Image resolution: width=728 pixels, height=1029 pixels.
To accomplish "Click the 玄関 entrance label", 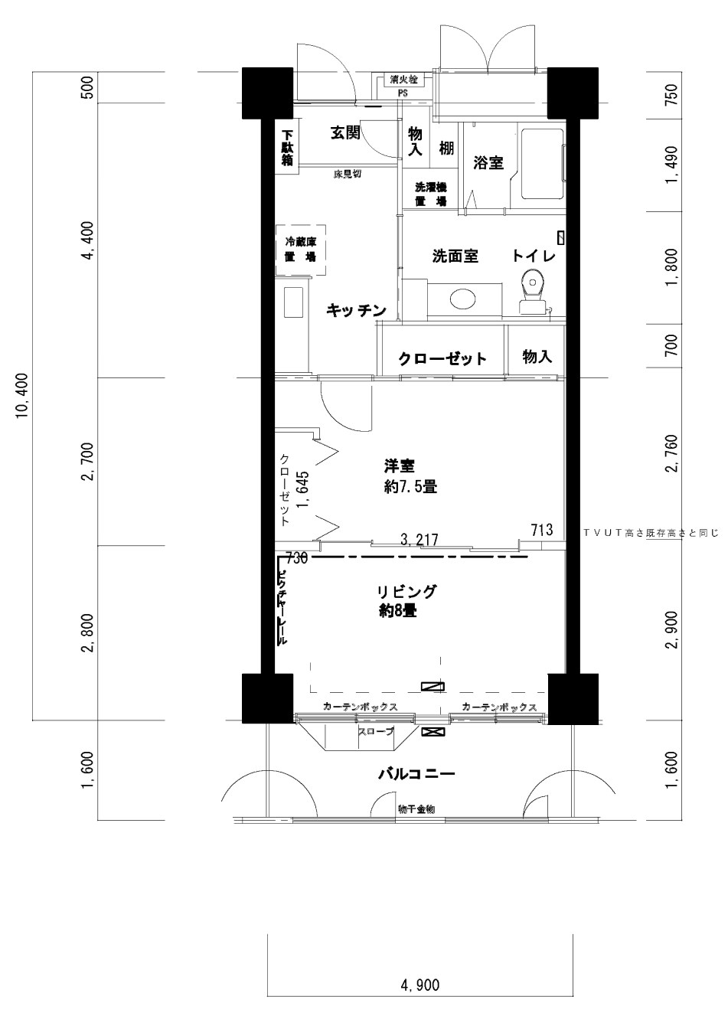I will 345,133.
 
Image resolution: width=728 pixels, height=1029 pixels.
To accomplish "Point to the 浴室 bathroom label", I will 488,162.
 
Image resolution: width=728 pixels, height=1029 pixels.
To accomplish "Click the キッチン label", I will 355,310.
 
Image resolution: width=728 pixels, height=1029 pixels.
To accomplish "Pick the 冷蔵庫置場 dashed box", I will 301,250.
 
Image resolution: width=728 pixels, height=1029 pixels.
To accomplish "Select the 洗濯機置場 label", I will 430,194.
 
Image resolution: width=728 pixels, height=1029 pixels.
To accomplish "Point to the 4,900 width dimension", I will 419,985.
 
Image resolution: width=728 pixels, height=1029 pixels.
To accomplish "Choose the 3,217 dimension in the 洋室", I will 419,540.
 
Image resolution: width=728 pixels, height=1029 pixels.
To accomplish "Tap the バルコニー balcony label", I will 416,774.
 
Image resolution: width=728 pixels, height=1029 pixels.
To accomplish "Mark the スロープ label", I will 375,732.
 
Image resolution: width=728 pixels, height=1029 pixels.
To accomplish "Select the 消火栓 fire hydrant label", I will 403,79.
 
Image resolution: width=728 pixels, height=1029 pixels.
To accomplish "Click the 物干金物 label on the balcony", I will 416,809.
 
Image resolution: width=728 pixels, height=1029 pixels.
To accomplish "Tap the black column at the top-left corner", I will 267,93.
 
